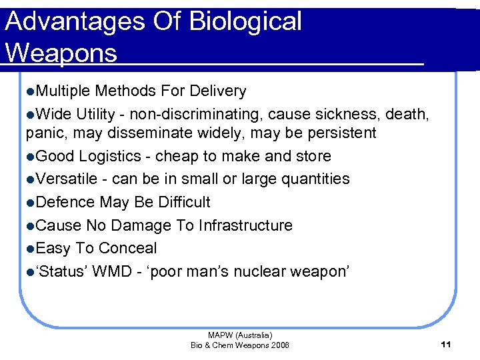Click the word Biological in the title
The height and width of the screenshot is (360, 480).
(x=245, y=22)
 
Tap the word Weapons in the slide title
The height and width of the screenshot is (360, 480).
(x=61, y=53)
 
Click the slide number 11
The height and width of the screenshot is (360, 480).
(x=446, y=344)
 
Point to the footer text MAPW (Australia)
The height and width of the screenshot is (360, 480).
(x=240, y=335)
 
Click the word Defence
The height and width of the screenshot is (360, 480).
(x=65, y=202)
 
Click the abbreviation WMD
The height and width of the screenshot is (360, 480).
(x=112, y=272)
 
